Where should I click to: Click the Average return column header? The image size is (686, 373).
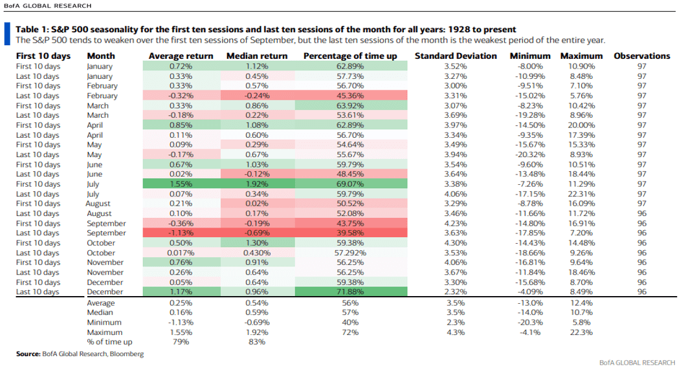tap(181, 56)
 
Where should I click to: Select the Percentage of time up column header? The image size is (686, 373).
tap(350, 56)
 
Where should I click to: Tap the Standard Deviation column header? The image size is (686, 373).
tap(456, 56)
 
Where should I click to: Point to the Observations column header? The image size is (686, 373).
tap(641, 56)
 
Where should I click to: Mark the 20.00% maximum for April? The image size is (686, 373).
tap(581, 124)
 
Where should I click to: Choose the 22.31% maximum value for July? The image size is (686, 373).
tap(581, 193)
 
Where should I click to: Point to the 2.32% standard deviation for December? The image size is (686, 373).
tap(456, 292)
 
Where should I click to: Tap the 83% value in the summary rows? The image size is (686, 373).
tap(256, 342)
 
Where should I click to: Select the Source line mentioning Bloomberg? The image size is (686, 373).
tap(80, 354)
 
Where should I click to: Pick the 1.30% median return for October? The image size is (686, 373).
tap(256, 243)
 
